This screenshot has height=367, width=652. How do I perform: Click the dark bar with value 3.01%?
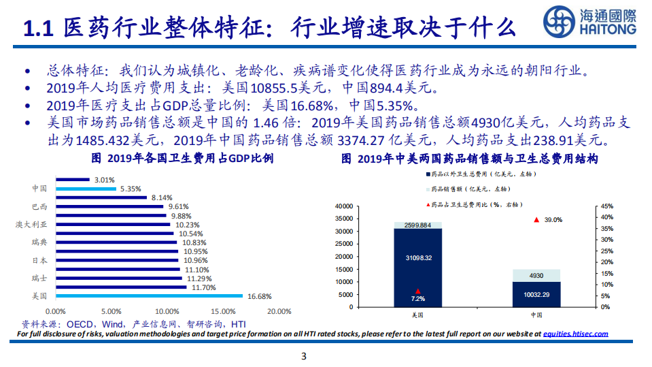coord(73,180)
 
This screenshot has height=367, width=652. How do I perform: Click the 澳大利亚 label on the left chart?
coord(32,224)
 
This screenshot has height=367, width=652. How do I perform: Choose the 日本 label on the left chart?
coord(39,260)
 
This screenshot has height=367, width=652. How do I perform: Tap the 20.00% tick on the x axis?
coord(279,311)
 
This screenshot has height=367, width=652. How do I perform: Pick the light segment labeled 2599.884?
coord(417,225)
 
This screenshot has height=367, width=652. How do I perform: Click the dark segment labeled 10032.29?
coord(536,294)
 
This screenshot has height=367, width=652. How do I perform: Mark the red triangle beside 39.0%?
coord(536,219)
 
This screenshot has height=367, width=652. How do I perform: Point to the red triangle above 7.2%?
coord(417,291)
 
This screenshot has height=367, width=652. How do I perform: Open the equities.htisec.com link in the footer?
coord(576,334)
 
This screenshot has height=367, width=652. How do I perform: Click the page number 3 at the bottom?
coord(304,356)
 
